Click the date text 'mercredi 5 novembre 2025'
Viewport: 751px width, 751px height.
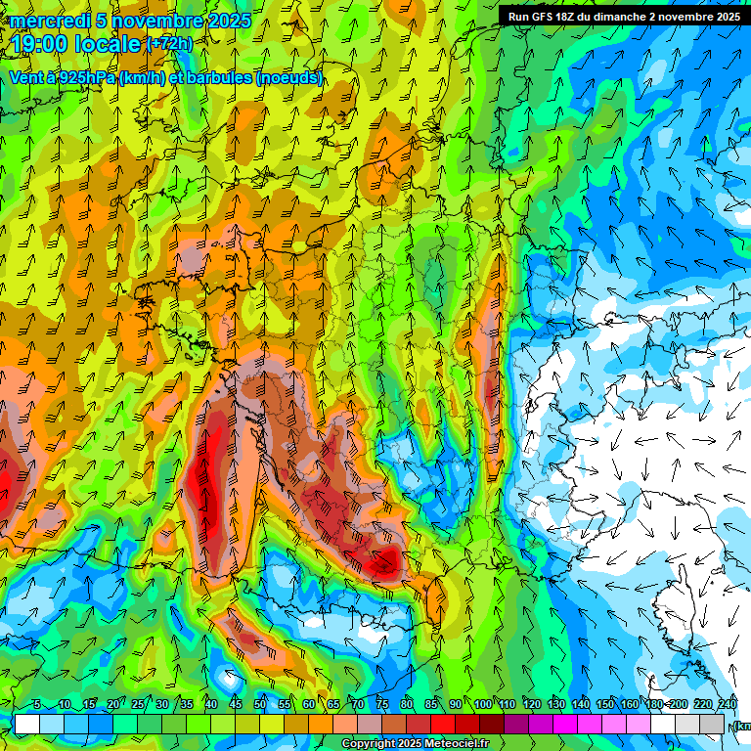pos(130,21)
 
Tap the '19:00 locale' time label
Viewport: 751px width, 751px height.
pos(76,44)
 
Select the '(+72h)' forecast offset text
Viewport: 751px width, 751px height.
pos(169,44)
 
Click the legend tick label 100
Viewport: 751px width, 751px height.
pos(483,705)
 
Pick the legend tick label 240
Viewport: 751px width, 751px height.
pos(728,705)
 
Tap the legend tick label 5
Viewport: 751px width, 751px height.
pos(37,705)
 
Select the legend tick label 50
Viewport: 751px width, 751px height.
pos(260,705)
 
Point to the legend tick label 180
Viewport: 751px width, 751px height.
pos(652,705)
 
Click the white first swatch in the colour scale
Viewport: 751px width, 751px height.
pos(26,725)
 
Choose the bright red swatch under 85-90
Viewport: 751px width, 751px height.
pos(444,725)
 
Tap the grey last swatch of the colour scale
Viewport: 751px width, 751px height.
pos(714,725)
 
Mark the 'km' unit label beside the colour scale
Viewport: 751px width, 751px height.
pos(742,726)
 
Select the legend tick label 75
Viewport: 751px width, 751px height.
pos(382,705)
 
